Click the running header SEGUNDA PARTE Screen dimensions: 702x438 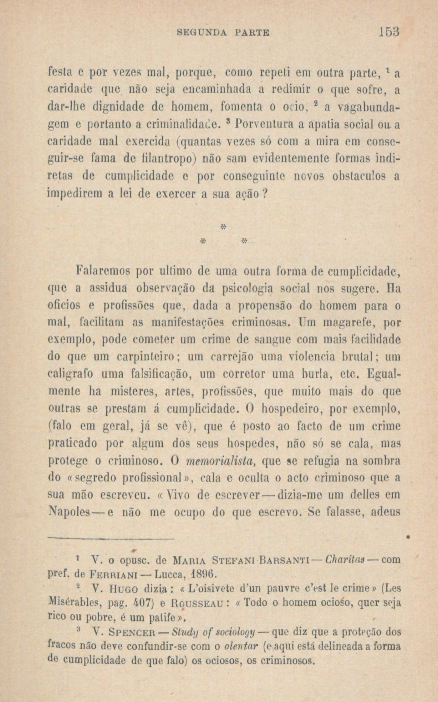tap(223, 33)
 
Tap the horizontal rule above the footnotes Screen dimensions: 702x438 tap(111, 538)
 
